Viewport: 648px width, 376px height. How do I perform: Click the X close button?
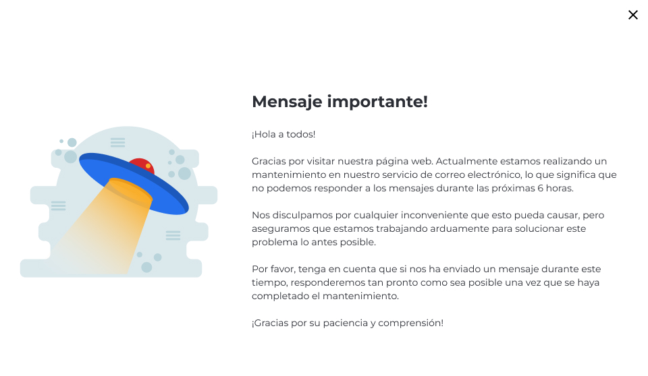pyautogui.click(x=632, y=15)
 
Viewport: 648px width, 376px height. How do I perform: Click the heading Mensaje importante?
pyautogui.click(x=340, y=102)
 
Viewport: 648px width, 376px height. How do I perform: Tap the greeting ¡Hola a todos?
pyautogui.click(x=283, y=135)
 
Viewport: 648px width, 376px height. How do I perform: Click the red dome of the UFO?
pyautogui.click(x=142, y=164)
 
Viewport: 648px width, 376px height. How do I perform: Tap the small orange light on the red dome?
pyautogui.click(x=148, y=165)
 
